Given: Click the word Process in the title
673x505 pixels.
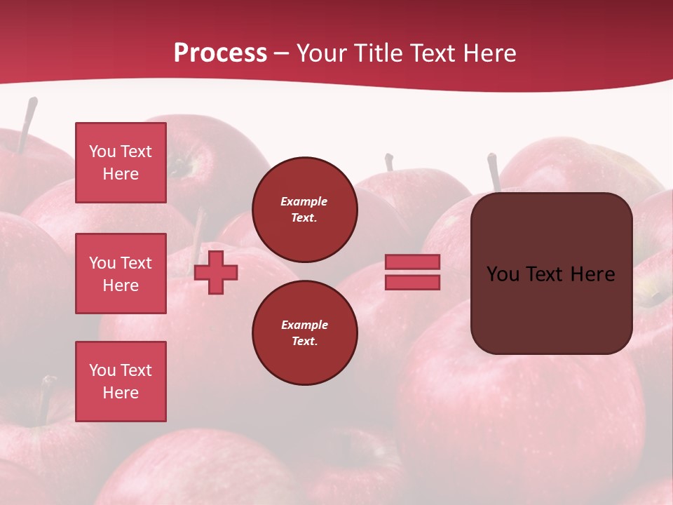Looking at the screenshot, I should click(x=220, y=53).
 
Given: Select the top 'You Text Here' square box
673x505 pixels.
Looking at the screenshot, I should click(x=121, y=163).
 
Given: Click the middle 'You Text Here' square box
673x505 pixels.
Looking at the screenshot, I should click(x=121, y=274).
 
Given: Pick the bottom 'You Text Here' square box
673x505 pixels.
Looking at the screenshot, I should click(x=121, y=382).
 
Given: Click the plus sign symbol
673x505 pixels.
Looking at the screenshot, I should click(x=216, y=272).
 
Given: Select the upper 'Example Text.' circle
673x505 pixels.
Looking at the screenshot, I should click(x=304, y=209).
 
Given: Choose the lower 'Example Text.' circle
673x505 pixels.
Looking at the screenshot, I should click(x=304, y=332).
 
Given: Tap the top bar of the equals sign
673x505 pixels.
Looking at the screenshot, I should click(x=412, y=262).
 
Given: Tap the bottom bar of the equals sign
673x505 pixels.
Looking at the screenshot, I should click(x=412, y=282).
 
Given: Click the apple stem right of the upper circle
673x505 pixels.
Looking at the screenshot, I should click(x=388, y=162).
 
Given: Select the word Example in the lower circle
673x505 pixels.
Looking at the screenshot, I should click(x=304, y=325).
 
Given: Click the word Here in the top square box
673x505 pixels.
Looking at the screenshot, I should click(x=121, y=174).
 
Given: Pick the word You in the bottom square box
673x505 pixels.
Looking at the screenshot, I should click(x=102, y=370).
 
